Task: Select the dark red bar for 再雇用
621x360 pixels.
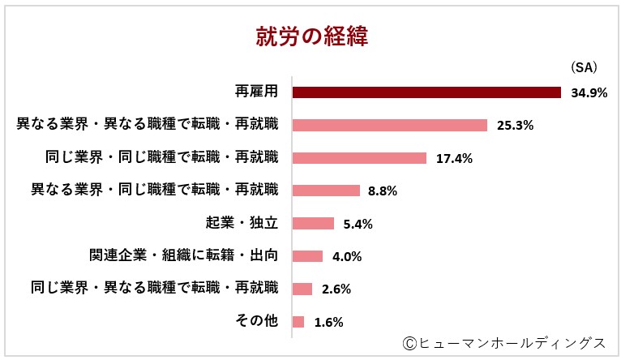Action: point(426,92)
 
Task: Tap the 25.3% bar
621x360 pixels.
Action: point(389,125)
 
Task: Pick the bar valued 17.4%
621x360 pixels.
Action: point(359,158)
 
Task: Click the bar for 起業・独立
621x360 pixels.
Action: point(313,224)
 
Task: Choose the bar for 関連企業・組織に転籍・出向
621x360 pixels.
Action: point(307,256)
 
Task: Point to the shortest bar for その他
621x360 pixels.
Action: point(298,322)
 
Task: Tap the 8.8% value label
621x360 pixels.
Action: point(382,191)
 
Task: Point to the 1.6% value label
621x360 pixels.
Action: point(328,322)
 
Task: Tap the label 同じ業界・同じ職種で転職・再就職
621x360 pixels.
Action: point(161,157)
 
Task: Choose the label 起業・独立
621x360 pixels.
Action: point(242,223)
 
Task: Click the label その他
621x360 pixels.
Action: point(256,321)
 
